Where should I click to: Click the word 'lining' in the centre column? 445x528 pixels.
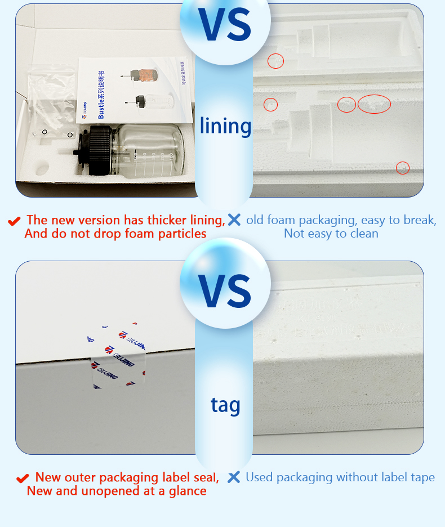225,126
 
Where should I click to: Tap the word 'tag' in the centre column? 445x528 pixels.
225,405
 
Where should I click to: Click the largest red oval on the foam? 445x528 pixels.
374,104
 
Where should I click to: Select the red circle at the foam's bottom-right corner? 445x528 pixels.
402,168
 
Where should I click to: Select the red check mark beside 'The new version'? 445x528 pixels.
15,221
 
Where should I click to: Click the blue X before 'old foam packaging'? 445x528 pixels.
234,220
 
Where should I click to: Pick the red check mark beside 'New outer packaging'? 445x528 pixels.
23,478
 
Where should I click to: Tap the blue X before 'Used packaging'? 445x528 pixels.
234,477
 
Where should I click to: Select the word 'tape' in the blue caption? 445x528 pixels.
422,477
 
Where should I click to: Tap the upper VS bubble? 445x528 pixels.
225,24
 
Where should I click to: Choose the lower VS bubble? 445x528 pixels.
225,288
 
